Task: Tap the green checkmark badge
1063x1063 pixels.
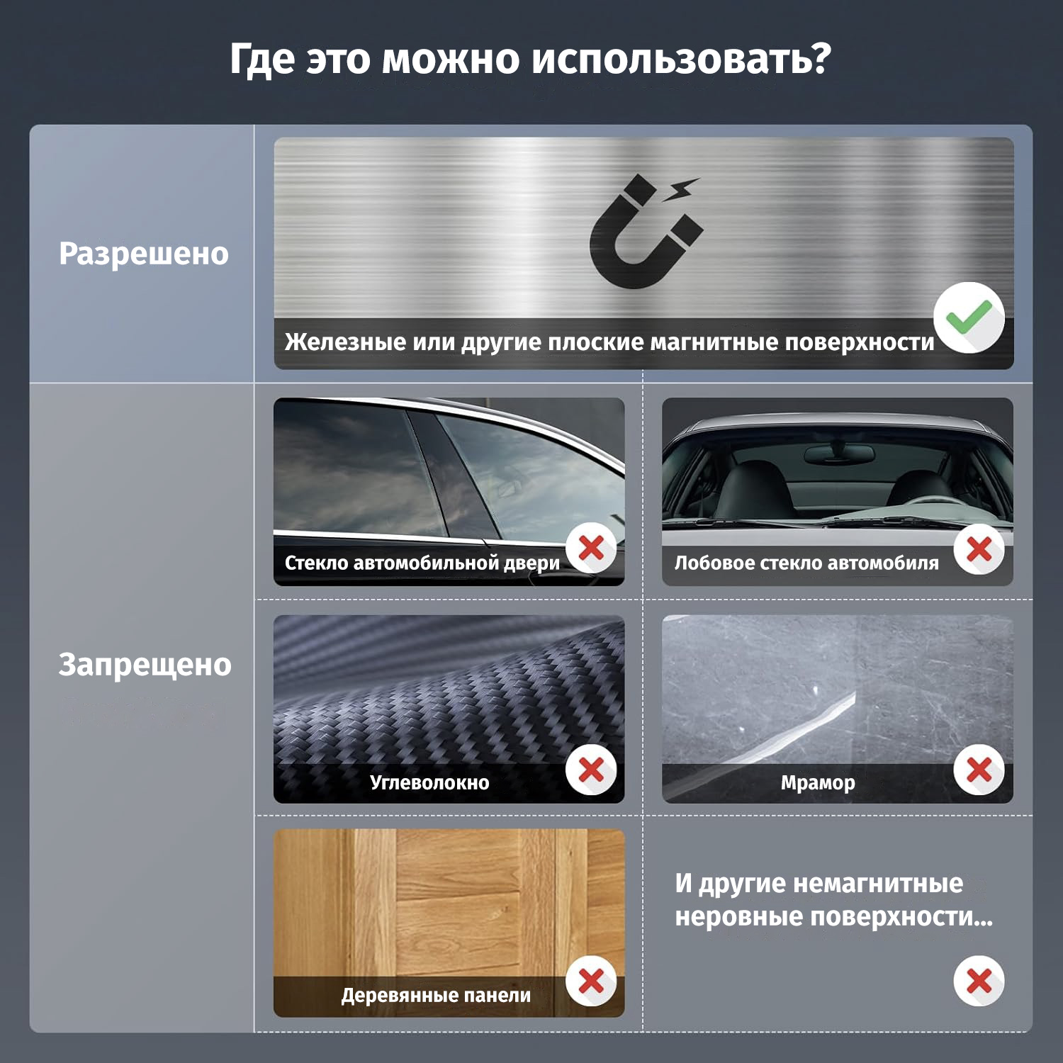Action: click(x=969, y=317)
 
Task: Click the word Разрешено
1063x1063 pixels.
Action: click(x=144, y=254)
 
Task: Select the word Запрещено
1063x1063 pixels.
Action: click(x=145, y=665)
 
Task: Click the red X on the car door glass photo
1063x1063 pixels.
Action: click(x=591, y=549)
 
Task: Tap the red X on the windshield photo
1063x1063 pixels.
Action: click(x=979, y=549)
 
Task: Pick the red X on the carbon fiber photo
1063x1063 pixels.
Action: click(x=591, y=770)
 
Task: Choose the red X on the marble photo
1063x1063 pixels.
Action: click(x=979, y=770)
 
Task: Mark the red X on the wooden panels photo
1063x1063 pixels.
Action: click(x=591, y=982)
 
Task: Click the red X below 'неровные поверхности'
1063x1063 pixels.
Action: click(x=979, y=982)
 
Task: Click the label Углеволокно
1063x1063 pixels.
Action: click(x=429, y=783)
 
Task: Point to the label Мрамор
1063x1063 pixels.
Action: click(x=818, y=783)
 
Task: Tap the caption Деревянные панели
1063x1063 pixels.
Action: click(x=436, y=996)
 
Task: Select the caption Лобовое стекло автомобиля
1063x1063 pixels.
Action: click(x=806, y=563)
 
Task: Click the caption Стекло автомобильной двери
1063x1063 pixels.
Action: click(x=422, y=563)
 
